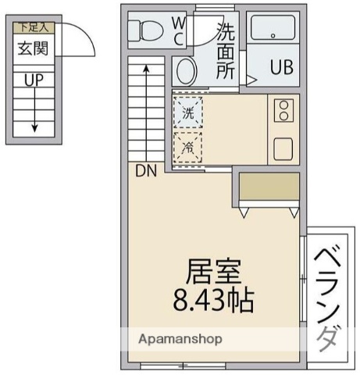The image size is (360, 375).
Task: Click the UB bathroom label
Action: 281,66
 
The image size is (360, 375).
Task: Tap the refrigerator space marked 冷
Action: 187,147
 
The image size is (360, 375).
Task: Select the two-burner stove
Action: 283,110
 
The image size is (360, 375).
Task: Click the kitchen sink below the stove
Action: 283,147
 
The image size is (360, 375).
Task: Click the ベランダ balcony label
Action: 329,298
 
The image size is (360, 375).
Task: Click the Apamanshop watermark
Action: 180,339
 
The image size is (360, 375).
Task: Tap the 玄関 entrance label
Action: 34,48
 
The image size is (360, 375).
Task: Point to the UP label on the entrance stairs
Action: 34,80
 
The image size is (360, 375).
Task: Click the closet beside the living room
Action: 269,187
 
